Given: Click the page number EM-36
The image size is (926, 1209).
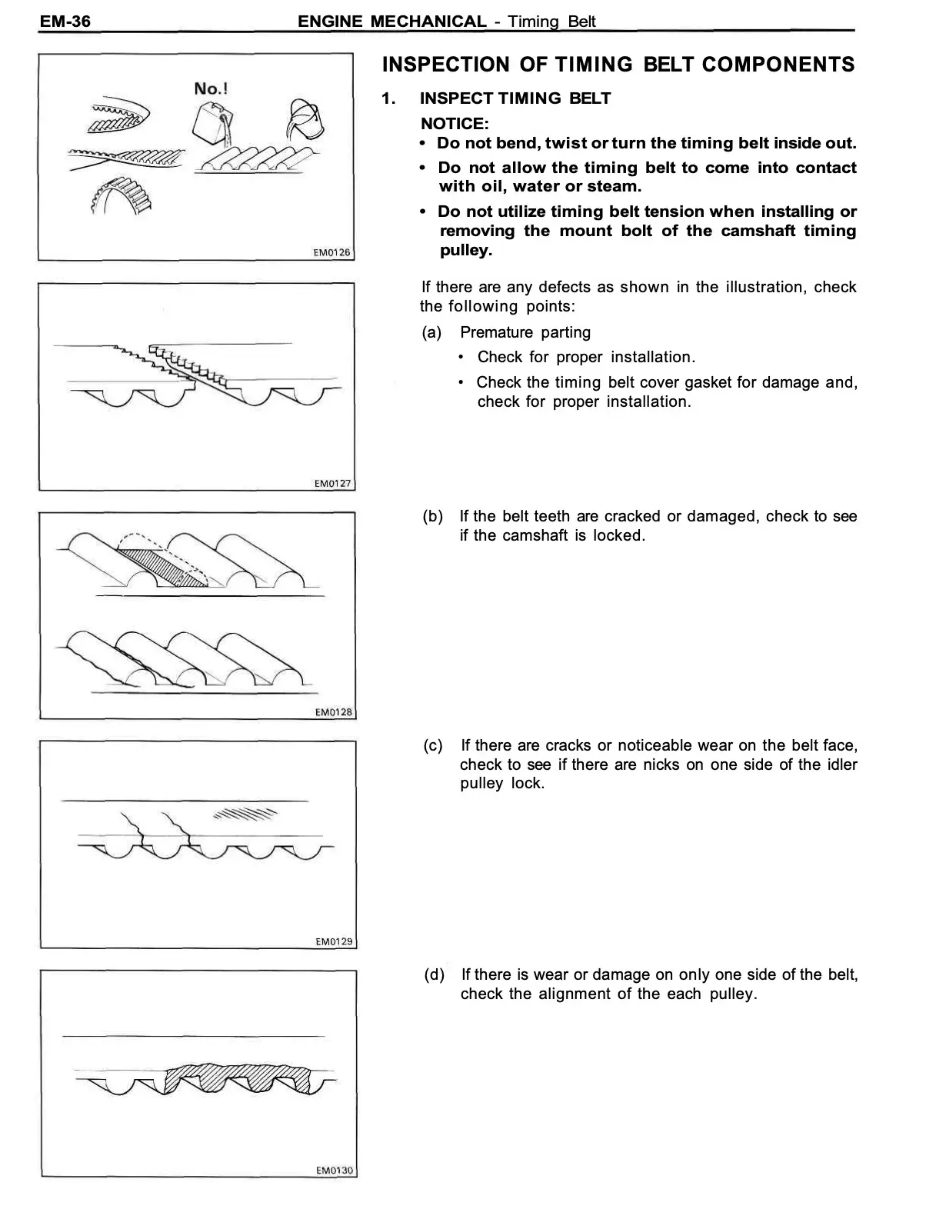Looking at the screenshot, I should click(x=65, y=21).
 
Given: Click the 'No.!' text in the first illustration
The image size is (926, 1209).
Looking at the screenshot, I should click(x=210, y=88).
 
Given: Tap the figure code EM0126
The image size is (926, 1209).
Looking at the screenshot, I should click(x=331, y=252).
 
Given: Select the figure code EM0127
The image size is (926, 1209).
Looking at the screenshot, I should click(x=332, y=483).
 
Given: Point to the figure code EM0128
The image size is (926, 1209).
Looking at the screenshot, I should click(x=333, y=712).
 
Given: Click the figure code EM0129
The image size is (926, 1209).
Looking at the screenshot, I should click(x=334, y=941).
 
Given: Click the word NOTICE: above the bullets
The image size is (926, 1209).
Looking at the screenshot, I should click(x=454, y=123).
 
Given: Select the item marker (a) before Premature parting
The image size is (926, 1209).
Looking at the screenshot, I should click(x=431, y=332).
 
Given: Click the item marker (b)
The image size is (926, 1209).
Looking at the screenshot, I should click(x=432, y=516).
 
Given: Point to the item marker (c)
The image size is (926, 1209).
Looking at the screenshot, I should click(x=433, y=745).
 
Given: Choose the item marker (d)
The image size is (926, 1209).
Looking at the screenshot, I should click(x=434, y=974).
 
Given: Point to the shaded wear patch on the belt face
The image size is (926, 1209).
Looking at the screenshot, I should click(x=245, y=814).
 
